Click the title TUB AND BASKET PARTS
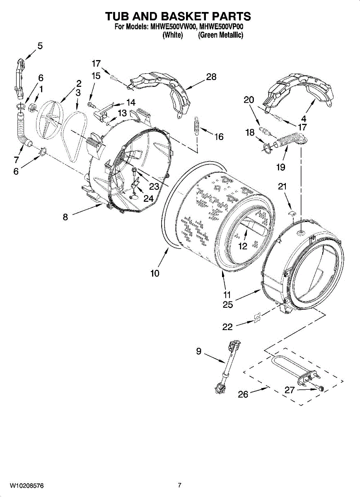178,16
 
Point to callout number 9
199,351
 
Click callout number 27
290,390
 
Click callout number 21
282,186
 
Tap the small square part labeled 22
257,318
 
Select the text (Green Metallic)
220,35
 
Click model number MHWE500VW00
173,27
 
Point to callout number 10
155,273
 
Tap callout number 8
65,217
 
